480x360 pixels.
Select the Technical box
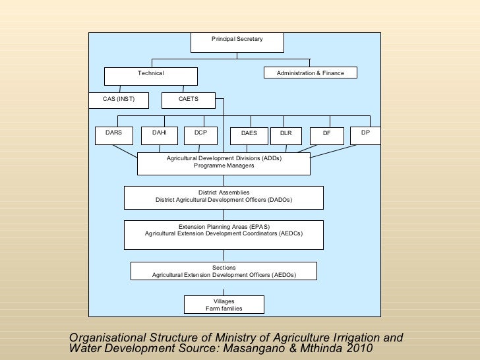pos(150,73)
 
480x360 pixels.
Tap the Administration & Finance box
pos(310,73)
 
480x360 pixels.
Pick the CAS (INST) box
pos(119,100)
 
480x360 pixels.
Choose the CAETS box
pos(189,100)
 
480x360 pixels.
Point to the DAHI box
pos(160,135)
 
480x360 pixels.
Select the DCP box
pos(201,135)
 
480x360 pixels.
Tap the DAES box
pos(249,135)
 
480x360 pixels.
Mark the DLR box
pos(285,135)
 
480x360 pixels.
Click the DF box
pos(326,135)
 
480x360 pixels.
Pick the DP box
pos(365,135)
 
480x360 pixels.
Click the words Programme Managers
pos(224,166)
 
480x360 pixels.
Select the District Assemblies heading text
pos(224,193)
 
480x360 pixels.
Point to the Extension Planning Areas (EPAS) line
pos(224,227)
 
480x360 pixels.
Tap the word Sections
pos(224,267)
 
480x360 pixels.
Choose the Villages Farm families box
pos(224,305)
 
